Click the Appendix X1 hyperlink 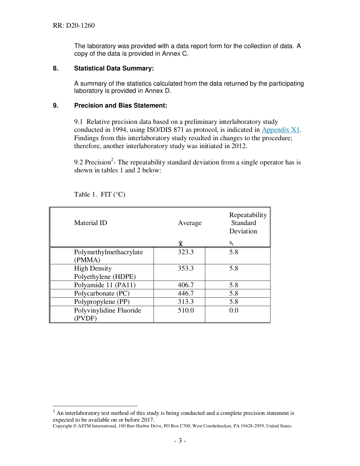pos(280,130)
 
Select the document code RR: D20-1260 pos(74,26)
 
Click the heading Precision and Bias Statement pos(120,105)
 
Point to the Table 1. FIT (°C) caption pos(99,194)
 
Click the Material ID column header pos(91,223)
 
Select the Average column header pos(189,223)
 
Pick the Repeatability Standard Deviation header pos(248,223)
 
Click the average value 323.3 pos(186,252)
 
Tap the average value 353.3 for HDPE pos(186,268)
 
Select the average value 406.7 pos(186,285)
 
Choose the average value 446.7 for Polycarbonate pos(186,293)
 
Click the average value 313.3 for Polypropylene pos(186,302)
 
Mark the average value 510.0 pos(186,310)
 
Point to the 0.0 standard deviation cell pos(234,310)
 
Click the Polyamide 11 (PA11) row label pos(105,285)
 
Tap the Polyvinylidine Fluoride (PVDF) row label pos(107,314)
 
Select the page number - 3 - pos(180,441)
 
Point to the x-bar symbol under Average pos(181,244)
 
